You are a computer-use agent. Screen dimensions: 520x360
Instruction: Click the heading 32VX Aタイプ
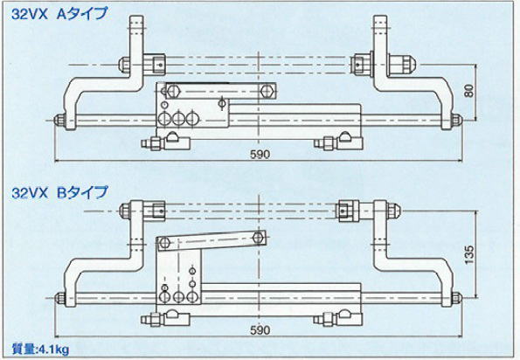tap(59, 15)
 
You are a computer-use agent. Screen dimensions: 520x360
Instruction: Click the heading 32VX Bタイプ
tap(59, 192)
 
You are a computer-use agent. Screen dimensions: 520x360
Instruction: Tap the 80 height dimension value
tap(469, 91)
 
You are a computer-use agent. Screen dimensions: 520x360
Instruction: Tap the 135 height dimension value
tap(469, 254)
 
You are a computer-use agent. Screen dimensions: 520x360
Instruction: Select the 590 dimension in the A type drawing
tap(260, 154)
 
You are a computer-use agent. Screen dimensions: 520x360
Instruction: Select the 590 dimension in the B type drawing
tap(260, 330)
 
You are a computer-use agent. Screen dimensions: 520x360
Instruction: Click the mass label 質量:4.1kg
tap(40, 349)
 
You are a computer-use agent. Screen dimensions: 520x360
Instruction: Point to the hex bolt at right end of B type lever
tap(258, 238)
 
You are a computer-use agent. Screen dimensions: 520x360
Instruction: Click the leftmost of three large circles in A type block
tap(163, 119)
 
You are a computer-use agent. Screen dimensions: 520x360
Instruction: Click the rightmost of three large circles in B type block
tap(191, 296)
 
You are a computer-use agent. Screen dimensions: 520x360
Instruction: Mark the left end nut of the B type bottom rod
tap(59, 297)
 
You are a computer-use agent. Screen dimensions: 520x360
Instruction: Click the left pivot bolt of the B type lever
tap(163, 243)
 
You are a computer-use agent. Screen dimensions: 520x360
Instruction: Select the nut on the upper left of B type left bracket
tap(125, 210)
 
